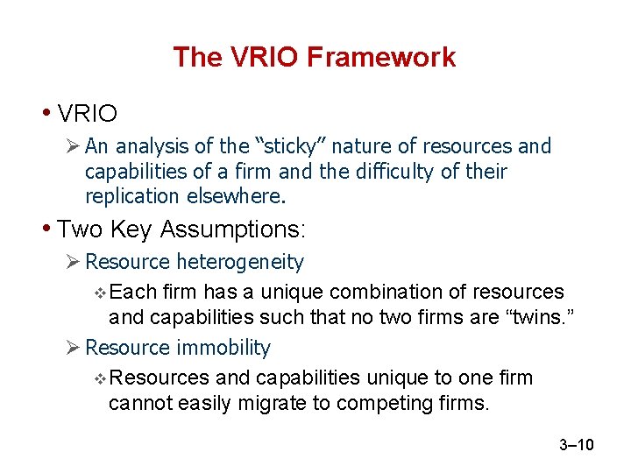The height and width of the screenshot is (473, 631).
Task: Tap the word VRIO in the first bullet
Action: [x=87, y=113]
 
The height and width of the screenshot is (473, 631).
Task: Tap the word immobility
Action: [x=223, y=348]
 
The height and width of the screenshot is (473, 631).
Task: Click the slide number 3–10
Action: [x=576, y=446]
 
